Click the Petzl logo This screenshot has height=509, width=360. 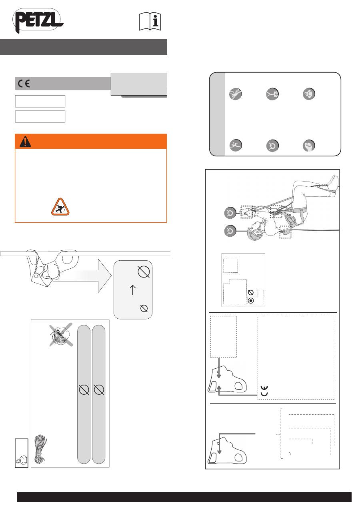coord(38,20)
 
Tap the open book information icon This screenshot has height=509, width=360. coord(150,22)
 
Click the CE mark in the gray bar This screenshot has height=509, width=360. coord(24,84)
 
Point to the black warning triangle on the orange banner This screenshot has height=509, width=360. coord(25,142)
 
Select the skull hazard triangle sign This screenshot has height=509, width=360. coord(60,207)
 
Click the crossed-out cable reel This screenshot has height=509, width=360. coord(61,335)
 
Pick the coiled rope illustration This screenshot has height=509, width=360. coord(40,449)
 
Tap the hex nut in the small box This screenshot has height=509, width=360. coord(22,460)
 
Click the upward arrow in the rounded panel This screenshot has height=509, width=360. coord(133,290)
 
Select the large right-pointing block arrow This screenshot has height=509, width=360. coord(91,275)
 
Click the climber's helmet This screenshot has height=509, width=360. coord(254,232)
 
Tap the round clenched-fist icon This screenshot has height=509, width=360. coord(309,146)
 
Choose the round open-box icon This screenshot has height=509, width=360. coord(309,94)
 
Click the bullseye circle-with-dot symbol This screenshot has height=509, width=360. coord(251,301)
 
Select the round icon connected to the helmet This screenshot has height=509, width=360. coord(230,231)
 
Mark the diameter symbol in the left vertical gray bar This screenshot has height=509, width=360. coord(84,389)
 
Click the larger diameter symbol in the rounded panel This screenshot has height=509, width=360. coord(144,271)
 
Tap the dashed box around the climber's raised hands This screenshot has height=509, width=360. coord(246,212)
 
